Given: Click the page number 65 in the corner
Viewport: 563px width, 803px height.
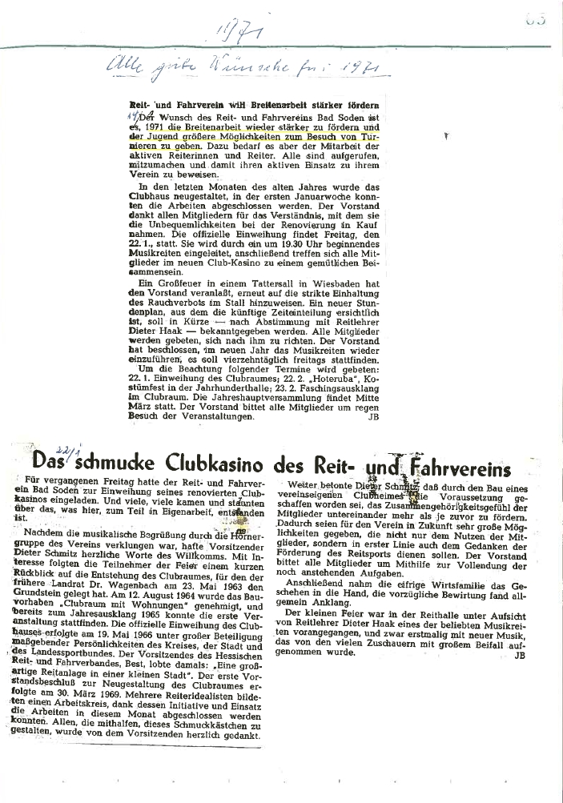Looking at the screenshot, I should click(x=536, y=18).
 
